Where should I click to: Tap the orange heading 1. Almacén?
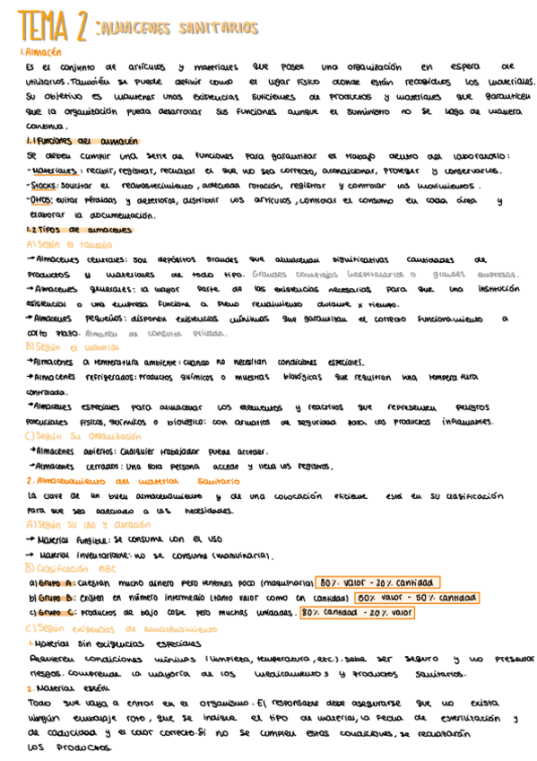(x=42, y=53)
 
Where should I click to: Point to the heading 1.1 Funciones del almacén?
(x=82, y=141)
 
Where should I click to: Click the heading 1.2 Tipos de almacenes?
(x=80, y=230)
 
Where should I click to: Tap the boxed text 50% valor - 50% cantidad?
(x=416, y=597)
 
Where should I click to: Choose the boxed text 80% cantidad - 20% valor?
(x=355, y=613)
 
